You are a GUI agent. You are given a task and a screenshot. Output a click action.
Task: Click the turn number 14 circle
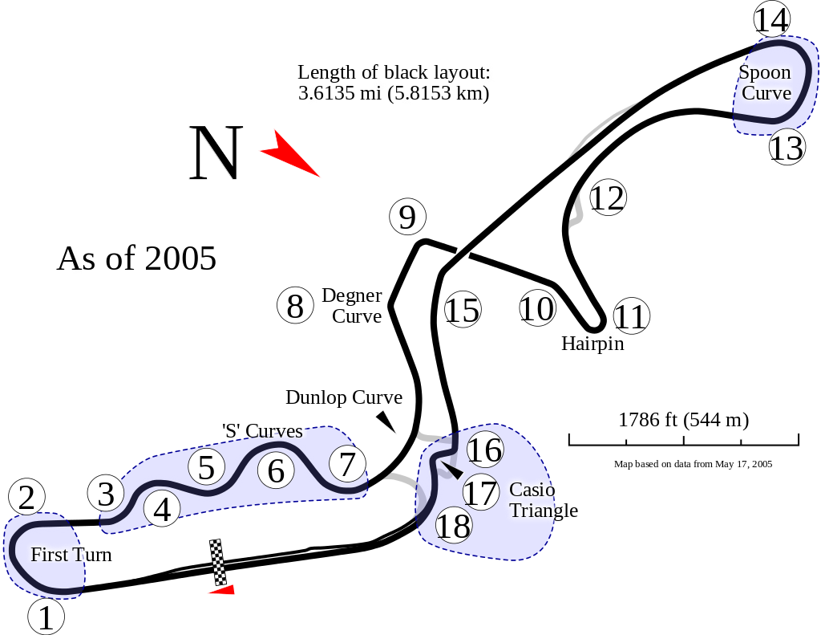772,20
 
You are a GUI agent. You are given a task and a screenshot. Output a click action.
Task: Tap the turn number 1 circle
46,617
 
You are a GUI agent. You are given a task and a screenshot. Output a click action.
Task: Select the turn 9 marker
408,217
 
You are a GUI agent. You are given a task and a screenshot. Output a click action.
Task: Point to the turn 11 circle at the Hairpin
631,315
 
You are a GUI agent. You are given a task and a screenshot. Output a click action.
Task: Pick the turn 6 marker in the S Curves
276,470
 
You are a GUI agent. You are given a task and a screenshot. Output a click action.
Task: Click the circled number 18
454,525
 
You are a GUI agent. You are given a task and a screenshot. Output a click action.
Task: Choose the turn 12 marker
608,197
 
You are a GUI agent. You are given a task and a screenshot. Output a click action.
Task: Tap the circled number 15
463,309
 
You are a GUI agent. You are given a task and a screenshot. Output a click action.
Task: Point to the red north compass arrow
289,153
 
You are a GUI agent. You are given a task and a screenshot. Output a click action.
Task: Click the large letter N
216,153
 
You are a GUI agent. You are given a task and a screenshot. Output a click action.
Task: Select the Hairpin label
592,344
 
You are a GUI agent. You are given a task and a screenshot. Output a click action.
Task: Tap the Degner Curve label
352,306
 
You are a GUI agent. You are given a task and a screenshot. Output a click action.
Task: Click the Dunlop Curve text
344,397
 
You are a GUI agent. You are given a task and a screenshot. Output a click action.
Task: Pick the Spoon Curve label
765,83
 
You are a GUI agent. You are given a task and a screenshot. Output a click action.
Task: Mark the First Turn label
71,555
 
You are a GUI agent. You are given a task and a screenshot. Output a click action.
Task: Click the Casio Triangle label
544,500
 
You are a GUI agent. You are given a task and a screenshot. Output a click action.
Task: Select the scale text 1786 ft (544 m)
684,420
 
